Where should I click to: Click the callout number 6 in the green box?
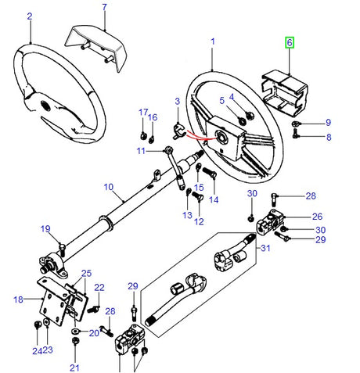pyautogui.click(x=290, y=44)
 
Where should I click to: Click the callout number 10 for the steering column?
pyautogui.click(x=108, y=188)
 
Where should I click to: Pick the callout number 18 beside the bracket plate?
pyautogui.click(x=18, y=298)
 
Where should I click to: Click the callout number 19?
pyautogui.click(x=45, y=228)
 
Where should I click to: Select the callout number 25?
pyautogui.click(x=86, y=273)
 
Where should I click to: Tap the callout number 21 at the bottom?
pyautogui.click(x=74, y=368)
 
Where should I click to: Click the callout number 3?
pyautogui.click(x=177, y=102)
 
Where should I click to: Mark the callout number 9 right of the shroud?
pyautogui.click(x=329, y=123)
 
